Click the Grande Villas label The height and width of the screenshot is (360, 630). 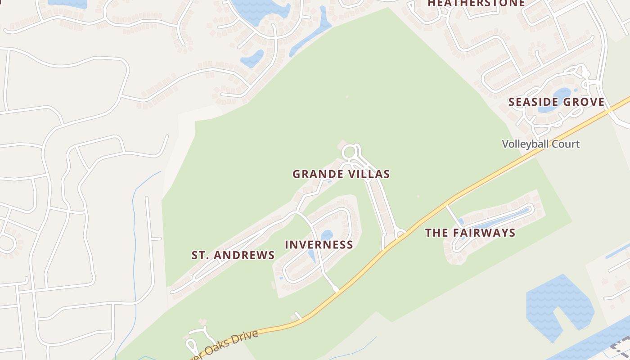(x=341, y=174)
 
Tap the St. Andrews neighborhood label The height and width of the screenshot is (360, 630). (x=233, y=255)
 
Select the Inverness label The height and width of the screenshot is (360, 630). (x=319, y=245)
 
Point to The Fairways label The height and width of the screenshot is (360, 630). (x=470, y=233)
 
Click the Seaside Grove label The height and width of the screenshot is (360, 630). (x=556, y=102)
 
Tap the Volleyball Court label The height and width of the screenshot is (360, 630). (x=540, y=144)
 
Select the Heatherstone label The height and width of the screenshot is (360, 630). (x=476, y=3)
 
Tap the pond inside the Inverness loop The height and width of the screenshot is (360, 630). (x=327, y=235)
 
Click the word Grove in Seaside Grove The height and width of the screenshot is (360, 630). (x=584, y=102)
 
